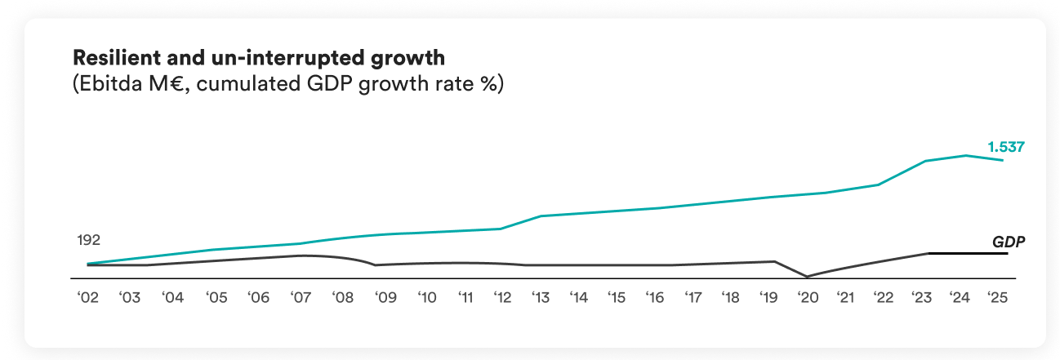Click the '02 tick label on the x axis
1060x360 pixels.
point(87,298)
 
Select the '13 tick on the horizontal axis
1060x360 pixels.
point(540,298)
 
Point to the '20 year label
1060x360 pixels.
point(807,298)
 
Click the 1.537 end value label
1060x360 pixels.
point(1005,148)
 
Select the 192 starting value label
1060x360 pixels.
point(88,240)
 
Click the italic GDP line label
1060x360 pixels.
point(1009,242)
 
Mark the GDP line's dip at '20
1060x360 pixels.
point(807,276)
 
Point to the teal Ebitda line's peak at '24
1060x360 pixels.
point(967,155)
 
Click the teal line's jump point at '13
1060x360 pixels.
point(541,216)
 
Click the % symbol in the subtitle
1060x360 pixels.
point(490,84)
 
